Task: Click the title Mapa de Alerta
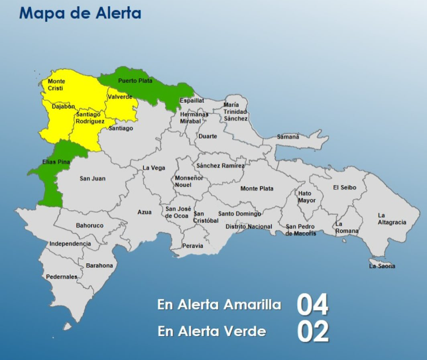(80, 13)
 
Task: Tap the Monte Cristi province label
(56, 85)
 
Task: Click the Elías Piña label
(54, 161)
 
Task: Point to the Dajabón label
(63, 106)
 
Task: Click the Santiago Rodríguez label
(90, 118)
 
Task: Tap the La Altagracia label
(392, 219)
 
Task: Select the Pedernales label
(61, 276)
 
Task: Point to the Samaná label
(288, 137)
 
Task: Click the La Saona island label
(383, 266)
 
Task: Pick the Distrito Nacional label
(249, 227)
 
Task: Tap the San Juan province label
(92, 178)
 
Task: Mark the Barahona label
(99, 265)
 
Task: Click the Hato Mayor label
(306, 197)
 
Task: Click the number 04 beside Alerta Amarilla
(312, 305)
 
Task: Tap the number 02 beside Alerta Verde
(312, 332)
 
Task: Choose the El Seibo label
(344, 188)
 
